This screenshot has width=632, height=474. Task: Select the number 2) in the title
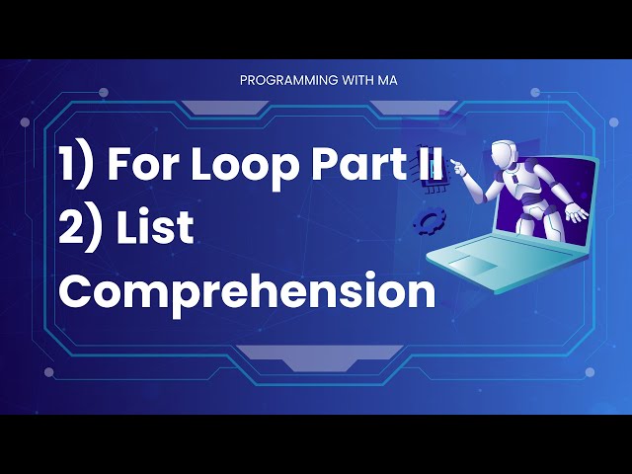[x=79, y=229]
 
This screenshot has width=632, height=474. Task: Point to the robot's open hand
[x=578, y=211]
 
